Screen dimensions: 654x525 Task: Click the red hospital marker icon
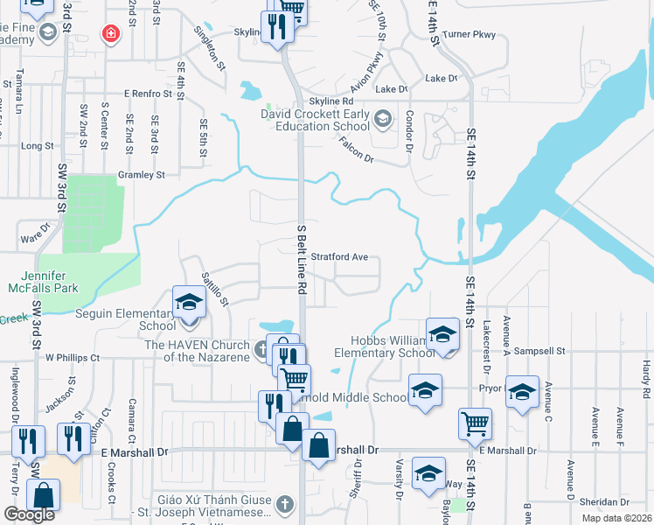110,34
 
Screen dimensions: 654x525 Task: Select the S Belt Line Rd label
302,259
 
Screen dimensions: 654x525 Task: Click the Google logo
29,514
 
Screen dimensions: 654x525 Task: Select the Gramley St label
142,175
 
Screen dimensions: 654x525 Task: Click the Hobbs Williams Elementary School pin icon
443,333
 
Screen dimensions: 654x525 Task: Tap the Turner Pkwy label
469,35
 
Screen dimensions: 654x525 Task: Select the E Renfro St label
150,93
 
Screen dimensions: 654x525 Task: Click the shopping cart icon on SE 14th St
475,423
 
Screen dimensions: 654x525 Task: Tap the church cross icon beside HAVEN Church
261,351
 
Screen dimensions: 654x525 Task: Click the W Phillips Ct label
73,358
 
